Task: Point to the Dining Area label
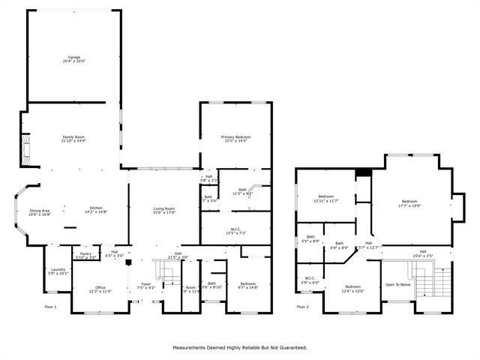click(x=40, y=212)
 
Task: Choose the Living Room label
click(x=164, y=210)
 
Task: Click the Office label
click(x=100, y=287)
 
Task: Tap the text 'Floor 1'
click(x=50, y=306)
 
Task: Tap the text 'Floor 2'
click(x=302, y=306)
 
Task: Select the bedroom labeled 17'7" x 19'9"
click(x=409, y=202)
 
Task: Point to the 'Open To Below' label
click(x=397, y=285)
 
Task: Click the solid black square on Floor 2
click(x=363, y=172)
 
